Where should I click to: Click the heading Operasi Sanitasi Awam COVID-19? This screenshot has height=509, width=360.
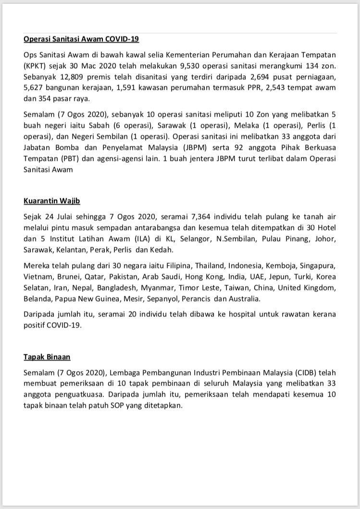point(81,39)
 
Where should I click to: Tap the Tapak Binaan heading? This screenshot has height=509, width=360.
point(47,357)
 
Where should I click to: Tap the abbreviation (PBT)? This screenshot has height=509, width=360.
point(68,158)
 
